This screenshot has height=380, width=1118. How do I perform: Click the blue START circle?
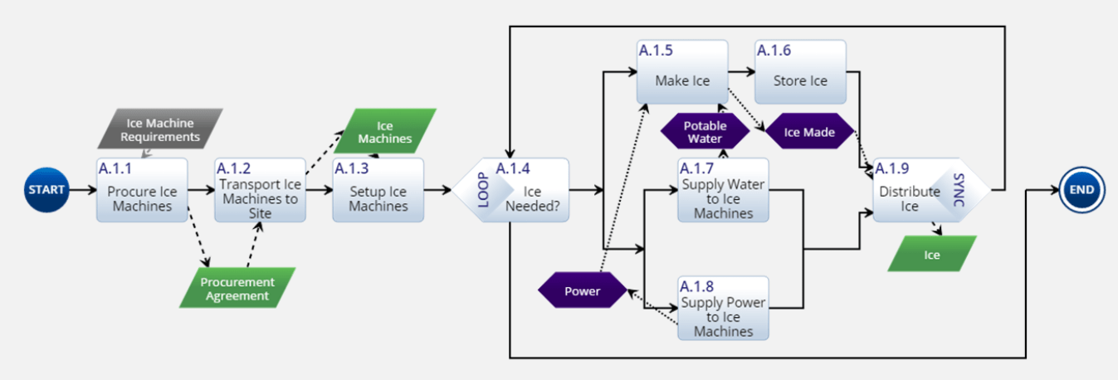(x=46, y=190)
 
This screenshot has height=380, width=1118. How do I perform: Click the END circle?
(x=1081, y=190)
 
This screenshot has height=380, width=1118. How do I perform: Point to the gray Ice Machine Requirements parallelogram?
(x=159, y=129)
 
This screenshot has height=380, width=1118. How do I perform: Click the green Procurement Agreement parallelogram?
(x=237, y=288)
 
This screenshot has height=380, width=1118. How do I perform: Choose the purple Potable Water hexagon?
(x=703, y=132)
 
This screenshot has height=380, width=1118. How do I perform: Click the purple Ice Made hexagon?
(x=808, y=132)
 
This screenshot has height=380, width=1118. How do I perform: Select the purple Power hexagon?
(x=583, y=290)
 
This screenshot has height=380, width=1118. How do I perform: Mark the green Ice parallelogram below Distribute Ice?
(x=932, y=254)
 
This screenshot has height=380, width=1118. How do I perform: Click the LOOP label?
(x=483, y=190)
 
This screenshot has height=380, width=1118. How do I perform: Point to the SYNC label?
(x=959, y=190)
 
